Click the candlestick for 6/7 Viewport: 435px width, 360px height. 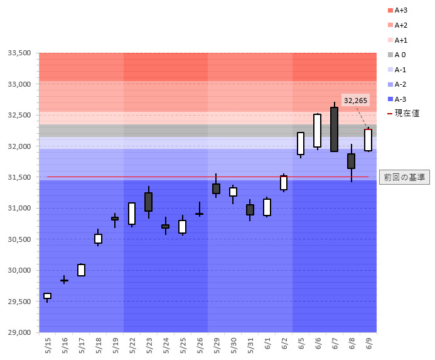334,129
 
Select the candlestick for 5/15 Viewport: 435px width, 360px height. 47,296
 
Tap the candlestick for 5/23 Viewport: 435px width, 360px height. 149,202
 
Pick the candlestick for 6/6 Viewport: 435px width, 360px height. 318,131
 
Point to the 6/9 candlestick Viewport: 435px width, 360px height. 368,140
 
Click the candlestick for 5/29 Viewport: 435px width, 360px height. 216,188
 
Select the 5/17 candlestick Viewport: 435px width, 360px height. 81,270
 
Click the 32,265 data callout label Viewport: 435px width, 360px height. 356,100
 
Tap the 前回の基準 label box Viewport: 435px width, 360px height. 404,177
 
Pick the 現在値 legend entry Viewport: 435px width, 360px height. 402,113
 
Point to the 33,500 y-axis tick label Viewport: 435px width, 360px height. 19,53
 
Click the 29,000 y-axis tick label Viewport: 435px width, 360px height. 19,332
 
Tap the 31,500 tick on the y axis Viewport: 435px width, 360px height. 19,178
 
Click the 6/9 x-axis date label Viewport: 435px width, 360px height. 368,344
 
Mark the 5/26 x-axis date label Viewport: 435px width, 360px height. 200,344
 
